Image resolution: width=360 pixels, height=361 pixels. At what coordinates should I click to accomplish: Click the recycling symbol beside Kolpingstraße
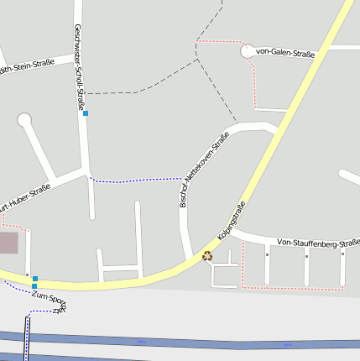[207, 256]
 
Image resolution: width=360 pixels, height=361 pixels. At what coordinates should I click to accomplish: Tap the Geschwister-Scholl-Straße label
[80, 67]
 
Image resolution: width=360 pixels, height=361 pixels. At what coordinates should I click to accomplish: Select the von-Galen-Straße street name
[284, 53]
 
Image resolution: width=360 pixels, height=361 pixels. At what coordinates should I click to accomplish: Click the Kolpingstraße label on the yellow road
[231, 222]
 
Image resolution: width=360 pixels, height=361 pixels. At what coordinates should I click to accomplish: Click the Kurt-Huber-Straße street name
[25, 198]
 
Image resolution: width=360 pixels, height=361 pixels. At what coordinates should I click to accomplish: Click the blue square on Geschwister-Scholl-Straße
[85, 112]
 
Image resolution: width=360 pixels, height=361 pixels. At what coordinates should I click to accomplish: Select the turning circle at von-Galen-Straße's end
[247, 52]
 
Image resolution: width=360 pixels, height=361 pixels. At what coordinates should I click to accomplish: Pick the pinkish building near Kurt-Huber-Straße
[8, 243]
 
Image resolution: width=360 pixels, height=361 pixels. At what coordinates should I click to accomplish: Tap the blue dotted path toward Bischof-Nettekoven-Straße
[134, 180]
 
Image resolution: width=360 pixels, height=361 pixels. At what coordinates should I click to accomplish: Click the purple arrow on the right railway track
[288, 344]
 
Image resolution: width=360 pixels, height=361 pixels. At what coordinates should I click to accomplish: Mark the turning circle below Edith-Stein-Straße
[23, 120]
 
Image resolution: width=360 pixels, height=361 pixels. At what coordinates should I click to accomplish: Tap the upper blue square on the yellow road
[35, 278]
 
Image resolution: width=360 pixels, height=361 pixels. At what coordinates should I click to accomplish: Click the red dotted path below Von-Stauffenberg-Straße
[294, 289]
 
